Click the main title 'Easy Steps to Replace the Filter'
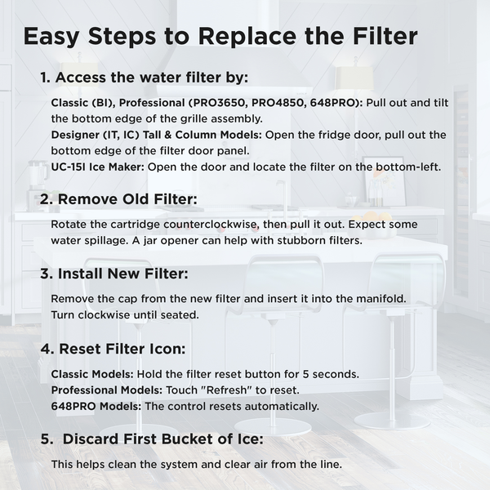pyautogui.click(x=220, y=37)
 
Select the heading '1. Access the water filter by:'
pyautogui.click(x=145, y=78)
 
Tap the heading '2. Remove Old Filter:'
pyautogui.click(x=118, y=198)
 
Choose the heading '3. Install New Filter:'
pyautogui.click(x=114, y=274)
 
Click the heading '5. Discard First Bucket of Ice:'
pyautogui.click(x=151, y=439)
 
